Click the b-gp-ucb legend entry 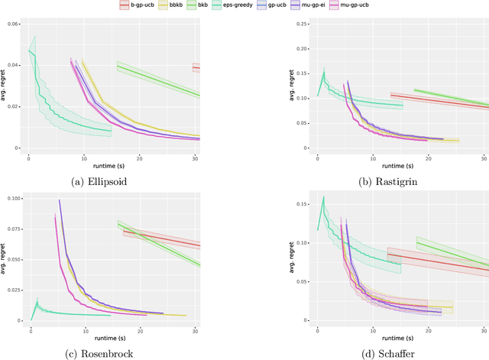click(138, 5)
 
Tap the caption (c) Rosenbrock click(114, 353)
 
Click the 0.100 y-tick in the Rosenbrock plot click(15, 199)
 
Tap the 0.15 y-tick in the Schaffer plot click(304, 205)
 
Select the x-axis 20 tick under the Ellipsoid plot click(140, 157)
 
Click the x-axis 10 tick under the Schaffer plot click(373, 330)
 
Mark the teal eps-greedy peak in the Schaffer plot click(323, 197)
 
